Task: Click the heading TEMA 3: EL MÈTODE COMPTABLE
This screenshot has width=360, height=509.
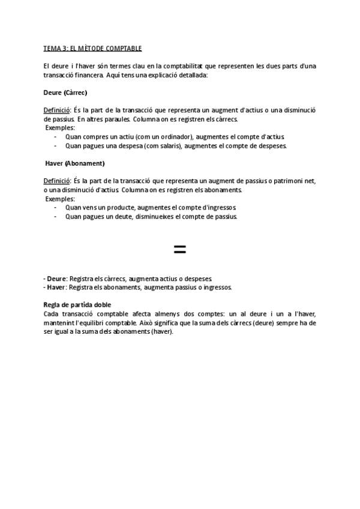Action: tap(92, 48)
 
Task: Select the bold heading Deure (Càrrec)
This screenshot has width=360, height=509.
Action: tap(65, 94)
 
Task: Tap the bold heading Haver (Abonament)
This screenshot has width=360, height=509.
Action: tap(75, 163)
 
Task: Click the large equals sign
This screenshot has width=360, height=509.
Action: tap(179, 249)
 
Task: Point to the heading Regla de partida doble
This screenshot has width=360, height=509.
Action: tap(77, 305)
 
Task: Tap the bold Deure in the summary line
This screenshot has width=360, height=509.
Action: tap(56, 279)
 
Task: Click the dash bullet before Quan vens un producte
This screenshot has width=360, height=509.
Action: tap(55, 207)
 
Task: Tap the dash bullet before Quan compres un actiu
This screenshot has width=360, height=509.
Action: tap(55, 137)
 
